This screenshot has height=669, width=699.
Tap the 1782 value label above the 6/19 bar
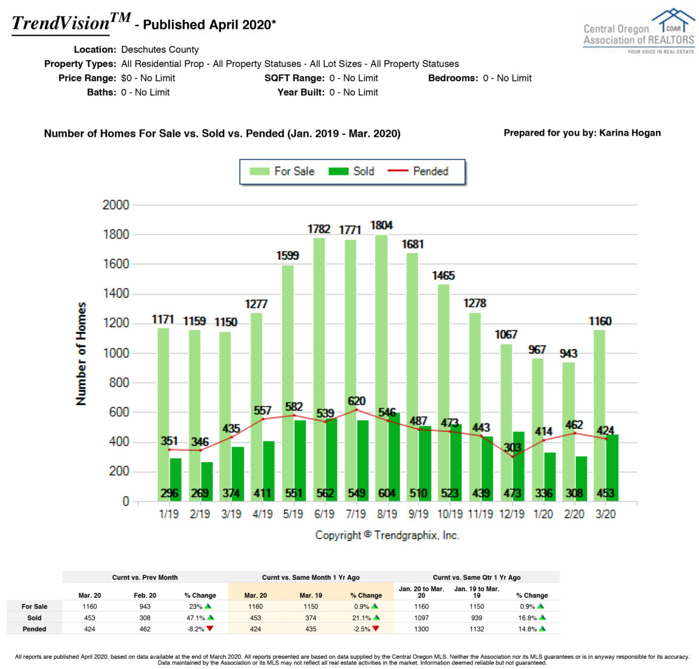tap(319, 229)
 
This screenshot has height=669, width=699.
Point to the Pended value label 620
tap(357, 401)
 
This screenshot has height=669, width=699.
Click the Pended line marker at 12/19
tap(512, 457)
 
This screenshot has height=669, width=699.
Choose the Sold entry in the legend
tap(352, 171)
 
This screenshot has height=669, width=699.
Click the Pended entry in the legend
tap(418, 171)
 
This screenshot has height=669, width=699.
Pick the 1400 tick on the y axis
tap(116, 293)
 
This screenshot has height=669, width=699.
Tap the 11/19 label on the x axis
tap(480, 514)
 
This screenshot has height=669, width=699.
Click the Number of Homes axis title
tap(81, 354)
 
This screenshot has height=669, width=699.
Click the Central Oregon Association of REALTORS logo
tap(638, 31)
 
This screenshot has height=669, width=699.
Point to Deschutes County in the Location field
tap(160, 50)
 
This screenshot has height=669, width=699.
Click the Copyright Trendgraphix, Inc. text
tap(387, 535)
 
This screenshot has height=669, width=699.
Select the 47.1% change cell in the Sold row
tap(195, 618)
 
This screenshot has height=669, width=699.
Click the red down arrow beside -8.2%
tap(209, 628)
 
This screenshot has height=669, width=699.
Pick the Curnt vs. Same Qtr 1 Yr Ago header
tap(476, 578)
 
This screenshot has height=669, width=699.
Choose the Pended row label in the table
tap(34, 629)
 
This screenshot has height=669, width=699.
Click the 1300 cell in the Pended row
tap(421, 629)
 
